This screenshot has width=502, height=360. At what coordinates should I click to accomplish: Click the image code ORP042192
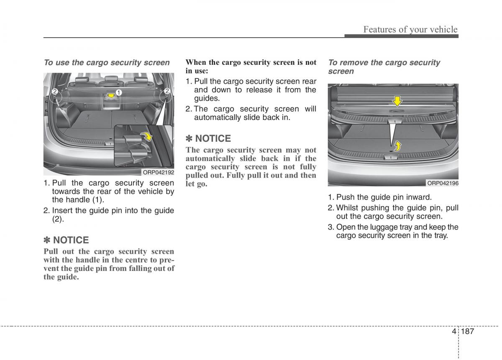(159, 172)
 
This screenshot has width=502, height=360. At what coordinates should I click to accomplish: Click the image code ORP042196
(443, 183)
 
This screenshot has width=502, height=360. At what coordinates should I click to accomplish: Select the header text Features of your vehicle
(410, 29)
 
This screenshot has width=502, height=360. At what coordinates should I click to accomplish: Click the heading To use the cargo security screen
(107, 63)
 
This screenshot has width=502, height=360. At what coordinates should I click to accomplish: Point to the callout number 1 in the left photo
(119, 92)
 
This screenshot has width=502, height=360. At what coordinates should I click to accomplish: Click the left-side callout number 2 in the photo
(54, 91)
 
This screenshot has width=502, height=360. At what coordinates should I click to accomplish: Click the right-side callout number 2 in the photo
(166, 91)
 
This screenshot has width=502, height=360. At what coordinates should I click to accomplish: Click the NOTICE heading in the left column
(67, 240)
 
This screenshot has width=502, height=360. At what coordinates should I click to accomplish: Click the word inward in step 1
(419, 197)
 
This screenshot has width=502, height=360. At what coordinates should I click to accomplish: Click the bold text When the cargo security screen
(251, 63)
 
